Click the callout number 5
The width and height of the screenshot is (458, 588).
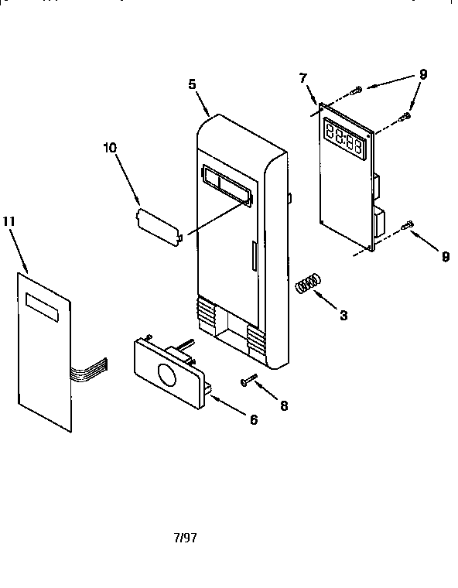[192, 84]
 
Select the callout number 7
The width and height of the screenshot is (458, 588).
[303, 78]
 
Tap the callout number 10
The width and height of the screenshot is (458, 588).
[110, 148]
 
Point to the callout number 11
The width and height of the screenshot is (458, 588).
[9, 221]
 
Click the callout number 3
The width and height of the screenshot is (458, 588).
[343, 316]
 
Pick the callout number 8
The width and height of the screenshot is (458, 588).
[284, 405]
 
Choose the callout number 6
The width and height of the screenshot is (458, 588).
[254, 419]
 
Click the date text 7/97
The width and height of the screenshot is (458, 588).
[186, 538]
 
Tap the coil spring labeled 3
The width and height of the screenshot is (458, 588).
[309, 282]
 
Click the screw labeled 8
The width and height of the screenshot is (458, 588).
[248, 380]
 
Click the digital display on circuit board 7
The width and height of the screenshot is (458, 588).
[345, 139]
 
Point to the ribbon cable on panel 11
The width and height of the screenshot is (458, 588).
[89, 369]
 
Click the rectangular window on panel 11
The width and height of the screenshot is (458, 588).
[42, 307]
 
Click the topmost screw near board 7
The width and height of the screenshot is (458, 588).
[356, 90]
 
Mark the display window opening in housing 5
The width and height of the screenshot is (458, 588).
[227, 184]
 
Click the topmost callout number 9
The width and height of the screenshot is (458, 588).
[422, 74]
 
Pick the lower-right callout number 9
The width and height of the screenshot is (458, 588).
[446, 257]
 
